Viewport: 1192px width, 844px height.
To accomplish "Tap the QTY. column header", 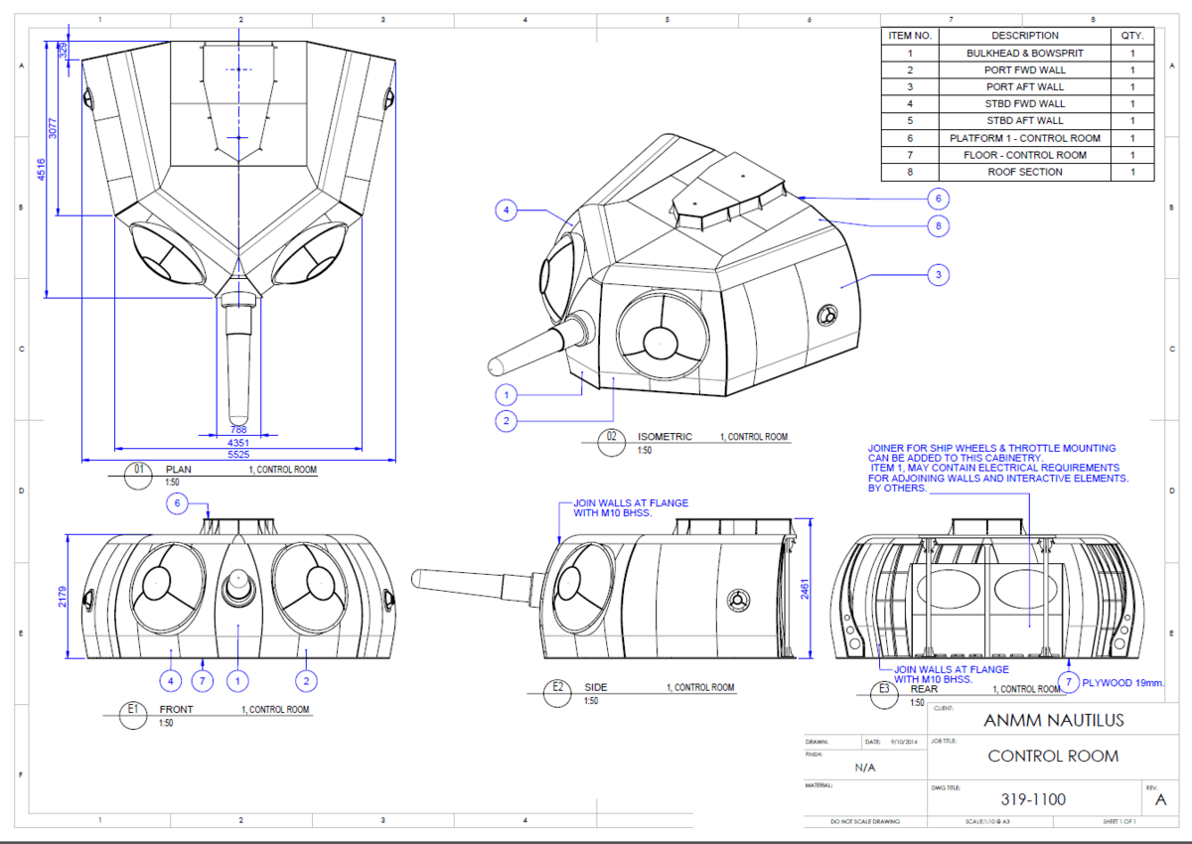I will [x=1131, y=36].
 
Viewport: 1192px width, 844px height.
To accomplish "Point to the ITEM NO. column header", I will [x=909, y=36].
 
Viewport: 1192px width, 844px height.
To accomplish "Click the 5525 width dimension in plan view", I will [x=238, y=454].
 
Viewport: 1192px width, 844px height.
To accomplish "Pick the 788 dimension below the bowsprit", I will [x=238, y=430].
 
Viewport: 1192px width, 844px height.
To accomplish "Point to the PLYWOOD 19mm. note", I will [x=1123, y=682].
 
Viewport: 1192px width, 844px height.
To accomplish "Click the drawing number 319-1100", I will [x=1033, y=798].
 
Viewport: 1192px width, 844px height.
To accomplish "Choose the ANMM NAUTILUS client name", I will [x=1053, y=720].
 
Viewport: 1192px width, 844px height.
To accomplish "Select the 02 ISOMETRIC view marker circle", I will [x=612, y=437].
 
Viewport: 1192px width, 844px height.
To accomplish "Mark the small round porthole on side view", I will [x=736, y=602].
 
